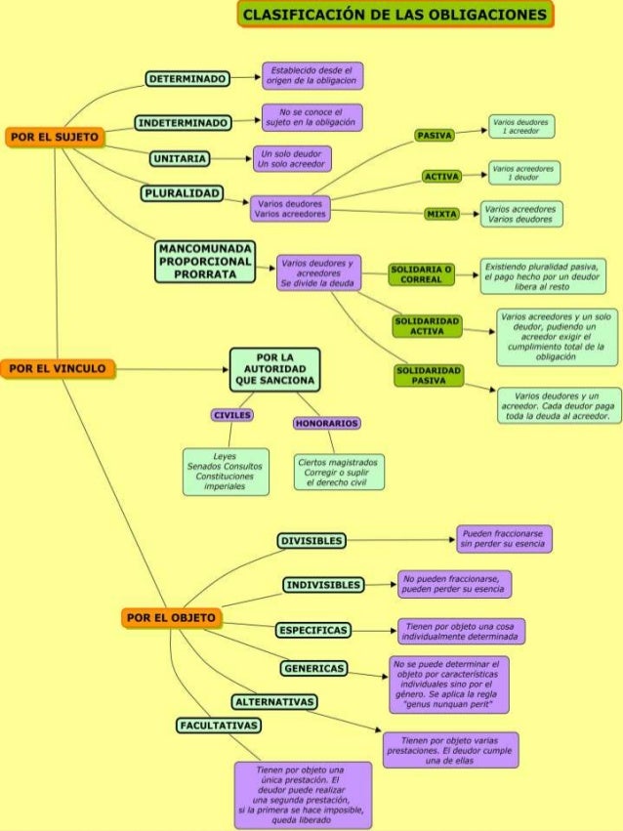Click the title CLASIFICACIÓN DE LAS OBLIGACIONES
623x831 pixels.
[395, 16]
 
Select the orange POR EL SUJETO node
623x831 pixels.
[54, 138]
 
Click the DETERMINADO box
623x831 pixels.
[187, 78]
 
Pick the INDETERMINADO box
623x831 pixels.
[183, 123]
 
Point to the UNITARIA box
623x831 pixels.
[179, 158]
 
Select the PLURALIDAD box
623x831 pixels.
[182, 193]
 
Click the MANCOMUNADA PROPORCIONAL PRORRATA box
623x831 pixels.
[204, 262]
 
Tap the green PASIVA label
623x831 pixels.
[433, 135]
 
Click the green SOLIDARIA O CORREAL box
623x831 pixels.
[421, 274]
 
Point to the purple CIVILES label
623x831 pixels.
[232, 415]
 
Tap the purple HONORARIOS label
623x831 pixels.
[327, 424]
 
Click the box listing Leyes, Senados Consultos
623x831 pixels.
[225, 472]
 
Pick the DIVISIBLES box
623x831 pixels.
[311, 541]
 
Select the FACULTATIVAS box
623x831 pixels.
[219, 726]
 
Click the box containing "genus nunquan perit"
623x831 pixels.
[449, 685]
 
